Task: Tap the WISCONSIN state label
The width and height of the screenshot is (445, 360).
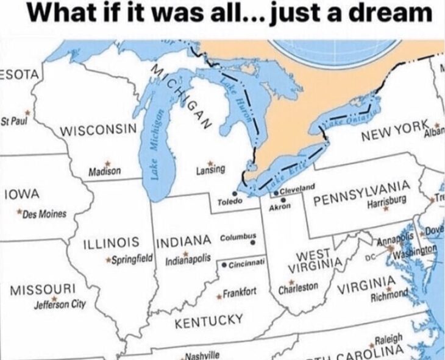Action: [98, 130]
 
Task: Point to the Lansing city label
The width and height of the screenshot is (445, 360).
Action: [211, 169]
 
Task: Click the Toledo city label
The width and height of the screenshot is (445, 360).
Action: [230, 200]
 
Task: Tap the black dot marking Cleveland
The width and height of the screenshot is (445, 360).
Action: [276, 192]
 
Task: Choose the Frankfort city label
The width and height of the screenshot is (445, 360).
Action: [240, 292]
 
